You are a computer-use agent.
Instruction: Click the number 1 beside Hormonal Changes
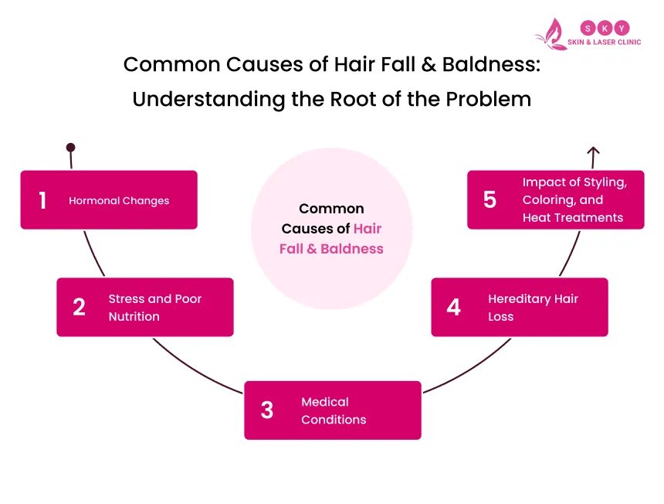(42, 200)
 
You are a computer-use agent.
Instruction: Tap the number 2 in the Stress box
(79, 307)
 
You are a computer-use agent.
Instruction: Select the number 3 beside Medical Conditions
(266, 410)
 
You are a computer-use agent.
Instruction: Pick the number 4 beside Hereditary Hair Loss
(453, 307)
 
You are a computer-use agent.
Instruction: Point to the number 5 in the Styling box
(490, 200)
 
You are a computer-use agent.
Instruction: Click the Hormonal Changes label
(119, 201)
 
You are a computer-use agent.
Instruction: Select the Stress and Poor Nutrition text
(154, 308)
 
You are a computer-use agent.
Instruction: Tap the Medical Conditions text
(334, 410)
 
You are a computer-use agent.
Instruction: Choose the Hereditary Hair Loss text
(533, 308)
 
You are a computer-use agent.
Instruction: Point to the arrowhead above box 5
(592, 151)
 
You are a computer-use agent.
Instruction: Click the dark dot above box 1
(70, 147)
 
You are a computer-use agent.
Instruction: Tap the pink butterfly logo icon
(551, 35)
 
